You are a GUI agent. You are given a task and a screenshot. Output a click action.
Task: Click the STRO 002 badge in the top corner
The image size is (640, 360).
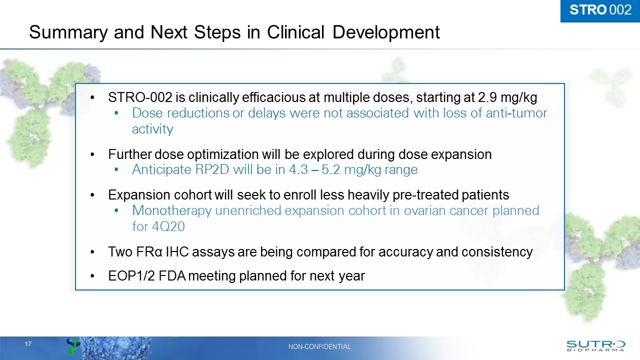600,10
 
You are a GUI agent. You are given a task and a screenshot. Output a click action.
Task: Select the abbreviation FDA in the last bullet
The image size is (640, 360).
171,275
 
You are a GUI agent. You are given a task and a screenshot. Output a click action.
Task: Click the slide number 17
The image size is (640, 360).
28,344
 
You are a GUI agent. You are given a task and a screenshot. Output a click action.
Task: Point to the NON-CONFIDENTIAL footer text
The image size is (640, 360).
320,346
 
